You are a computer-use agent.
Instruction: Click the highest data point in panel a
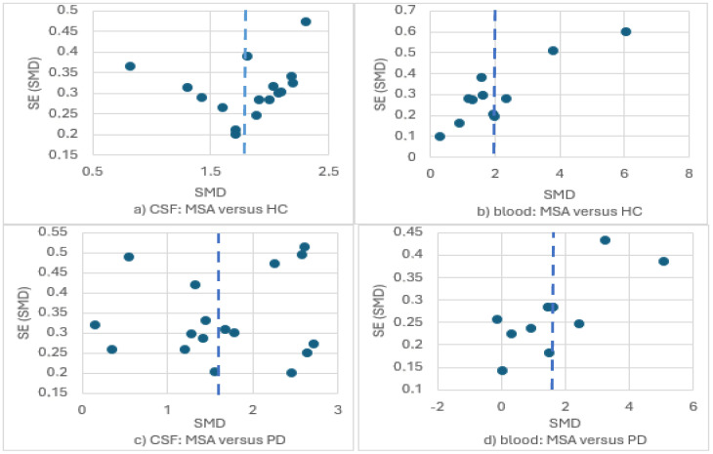[x=306, y=21]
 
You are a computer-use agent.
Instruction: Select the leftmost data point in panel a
[x=130, y=66]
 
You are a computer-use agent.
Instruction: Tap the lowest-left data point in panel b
[x=440, y=137]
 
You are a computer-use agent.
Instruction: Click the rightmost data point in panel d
[x=663, y=262]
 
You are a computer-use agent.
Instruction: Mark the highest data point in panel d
[x=605, y=240]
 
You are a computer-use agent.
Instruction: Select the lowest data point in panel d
[x=502, y=370]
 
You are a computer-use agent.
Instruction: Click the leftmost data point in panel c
[x=95, y=325]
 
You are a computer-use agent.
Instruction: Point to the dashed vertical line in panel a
[x=244, y=98]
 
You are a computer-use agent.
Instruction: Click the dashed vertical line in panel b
[x=495, y=98]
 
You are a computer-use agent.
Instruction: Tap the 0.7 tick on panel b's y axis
[x=408, y=10]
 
